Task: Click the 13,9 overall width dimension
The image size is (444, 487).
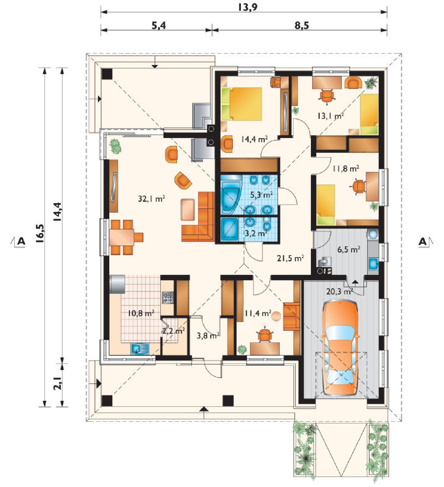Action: point(247,7)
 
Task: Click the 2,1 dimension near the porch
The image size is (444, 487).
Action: point(58,383)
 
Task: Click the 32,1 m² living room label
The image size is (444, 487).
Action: point(152,199)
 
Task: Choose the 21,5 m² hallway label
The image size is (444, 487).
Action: point(291,258)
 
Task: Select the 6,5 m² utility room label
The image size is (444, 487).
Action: point(349,249)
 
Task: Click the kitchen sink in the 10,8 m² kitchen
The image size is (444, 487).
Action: point(140,349)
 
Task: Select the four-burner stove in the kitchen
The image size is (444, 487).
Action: point(168,297)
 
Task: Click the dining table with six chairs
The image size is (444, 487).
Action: point(125,237)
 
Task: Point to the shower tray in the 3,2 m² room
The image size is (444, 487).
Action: point(230,229)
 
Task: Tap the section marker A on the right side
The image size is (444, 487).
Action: point(423,242)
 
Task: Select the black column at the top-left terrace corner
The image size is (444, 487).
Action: point(107,74)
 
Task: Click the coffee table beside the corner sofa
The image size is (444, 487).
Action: point(188,210)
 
